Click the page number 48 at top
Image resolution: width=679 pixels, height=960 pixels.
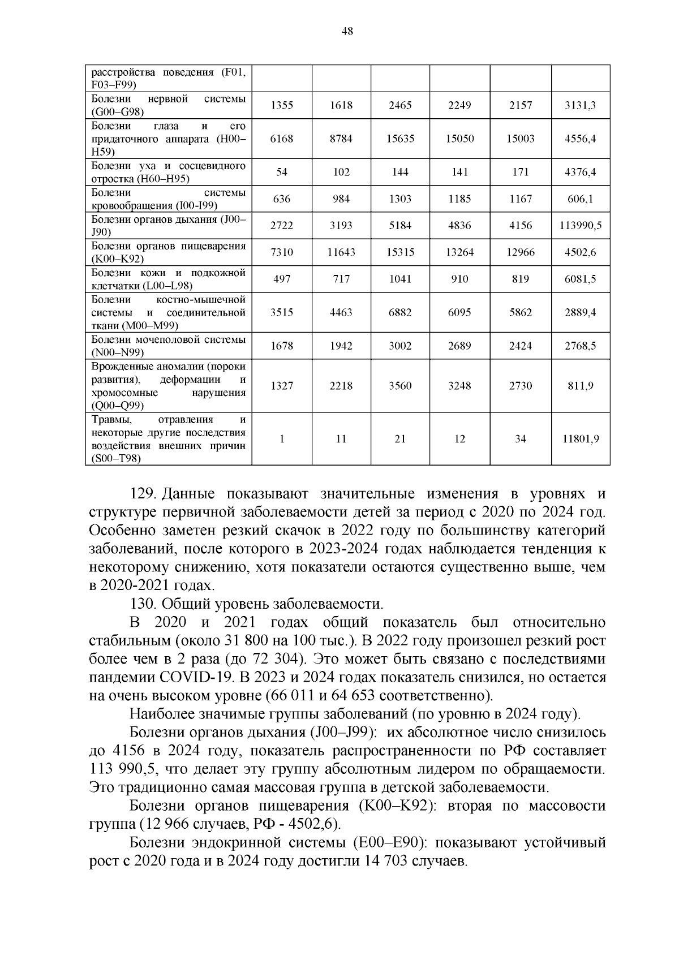click(347, 32)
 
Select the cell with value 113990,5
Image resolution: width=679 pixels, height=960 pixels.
click(580, 226)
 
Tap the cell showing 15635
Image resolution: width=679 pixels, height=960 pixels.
click(400, 139)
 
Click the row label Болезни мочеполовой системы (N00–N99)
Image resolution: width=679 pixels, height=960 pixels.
click(169, 346)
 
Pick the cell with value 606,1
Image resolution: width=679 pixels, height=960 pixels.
click(580, 199)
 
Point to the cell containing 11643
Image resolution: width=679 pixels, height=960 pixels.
click(341, 252)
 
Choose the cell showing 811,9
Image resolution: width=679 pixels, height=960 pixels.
click(580, 386)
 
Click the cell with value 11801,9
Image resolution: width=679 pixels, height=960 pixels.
click(580, 439)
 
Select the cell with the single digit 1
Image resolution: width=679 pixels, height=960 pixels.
click(282, 439)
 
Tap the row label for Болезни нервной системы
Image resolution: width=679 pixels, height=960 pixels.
click(169, 105)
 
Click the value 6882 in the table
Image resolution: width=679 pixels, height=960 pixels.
click(400, 312)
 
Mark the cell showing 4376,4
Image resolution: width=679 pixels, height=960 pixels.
click(580, 173)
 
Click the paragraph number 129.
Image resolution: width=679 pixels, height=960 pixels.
click(143, 494)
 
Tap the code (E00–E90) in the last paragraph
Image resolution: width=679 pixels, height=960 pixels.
click(388, 842)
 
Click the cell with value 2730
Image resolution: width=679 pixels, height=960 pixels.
click(520, 386)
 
